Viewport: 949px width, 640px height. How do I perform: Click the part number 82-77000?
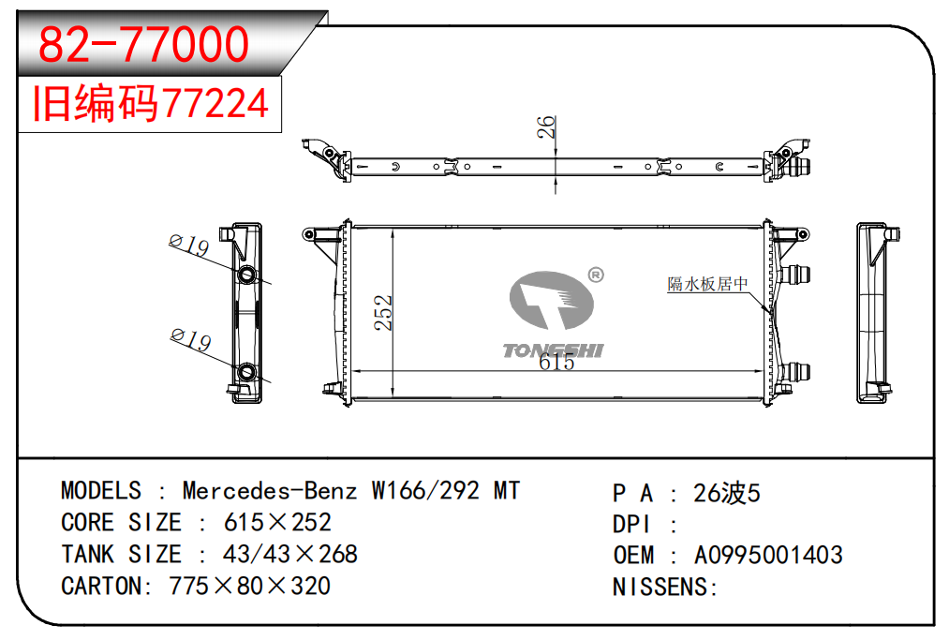(x=143, y=44)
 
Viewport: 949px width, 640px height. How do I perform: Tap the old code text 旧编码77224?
(x=151, y=104)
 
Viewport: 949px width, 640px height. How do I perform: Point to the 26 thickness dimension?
(x=546, y=127)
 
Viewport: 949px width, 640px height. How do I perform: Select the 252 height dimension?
(x=383, y=313)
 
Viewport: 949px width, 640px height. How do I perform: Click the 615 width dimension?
(x=556, y=363)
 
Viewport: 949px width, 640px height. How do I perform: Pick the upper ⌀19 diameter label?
(x=188, y=246)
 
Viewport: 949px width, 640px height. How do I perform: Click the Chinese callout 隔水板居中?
(x=707, y=284)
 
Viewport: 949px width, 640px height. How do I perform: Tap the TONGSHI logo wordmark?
(x=553, y=350)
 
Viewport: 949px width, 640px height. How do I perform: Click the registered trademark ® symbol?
(x=595, y=275)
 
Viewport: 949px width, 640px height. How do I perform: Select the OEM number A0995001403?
(x=767, y=555)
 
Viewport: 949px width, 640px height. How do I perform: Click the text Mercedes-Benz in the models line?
(x=270, y=491)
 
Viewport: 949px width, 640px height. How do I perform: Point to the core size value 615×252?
(x=277, y=522)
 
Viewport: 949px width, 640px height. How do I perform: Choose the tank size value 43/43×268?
(x=290, y=554)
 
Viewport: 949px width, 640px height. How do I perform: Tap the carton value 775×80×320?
(x=249, y=586)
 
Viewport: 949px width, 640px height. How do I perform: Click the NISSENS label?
(x=664, y=587)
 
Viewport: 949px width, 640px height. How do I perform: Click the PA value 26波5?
(x=726, y=493)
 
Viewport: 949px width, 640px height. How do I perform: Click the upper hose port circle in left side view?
(x=247, y=275)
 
